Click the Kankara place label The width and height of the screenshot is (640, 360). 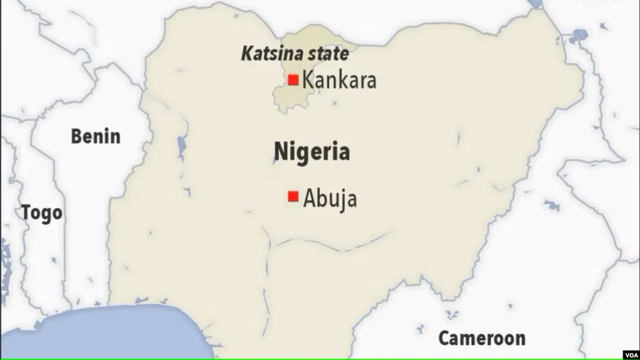click(339, 80)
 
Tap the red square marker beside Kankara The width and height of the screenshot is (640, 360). click(293, 80)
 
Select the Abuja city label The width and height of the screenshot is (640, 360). click(330, 199)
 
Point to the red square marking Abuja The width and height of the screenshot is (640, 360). click(293, 197)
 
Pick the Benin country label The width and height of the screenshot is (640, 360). click(95, 136)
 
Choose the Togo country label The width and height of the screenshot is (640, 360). click(42, 213)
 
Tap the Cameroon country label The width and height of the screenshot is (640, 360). click(481, 339)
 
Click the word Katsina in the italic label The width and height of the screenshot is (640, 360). click(269, 54)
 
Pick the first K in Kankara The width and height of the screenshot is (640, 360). click(308, 80)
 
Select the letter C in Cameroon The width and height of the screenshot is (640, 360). click(444, 339)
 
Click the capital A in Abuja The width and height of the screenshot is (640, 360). click(310, 199)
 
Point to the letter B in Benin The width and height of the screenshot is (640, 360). click(76, 136)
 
